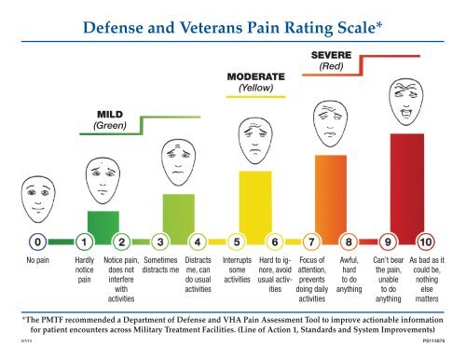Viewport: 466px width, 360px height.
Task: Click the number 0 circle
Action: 34,244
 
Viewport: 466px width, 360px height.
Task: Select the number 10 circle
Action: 426,244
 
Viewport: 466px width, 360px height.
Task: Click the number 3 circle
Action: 160,244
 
